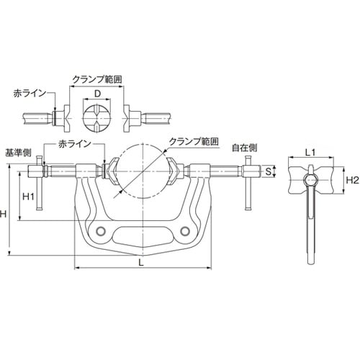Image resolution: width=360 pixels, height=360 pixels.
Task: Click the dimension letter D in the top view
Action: point(96,94)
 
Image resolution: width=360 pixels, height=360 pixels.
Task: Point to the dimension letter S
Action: point(269,172)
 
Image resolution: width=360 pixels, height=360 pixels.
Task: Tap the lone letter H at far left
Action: point(5,214)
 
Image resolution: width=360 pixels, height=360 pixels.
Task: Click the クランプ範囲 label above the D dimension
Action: point(97,76)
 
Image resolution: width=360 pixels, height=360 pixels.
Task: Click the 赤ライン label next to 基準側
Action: point(74,144)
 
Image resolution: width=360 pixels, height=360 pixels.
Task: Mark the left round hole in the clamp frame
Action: point(99,230)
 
